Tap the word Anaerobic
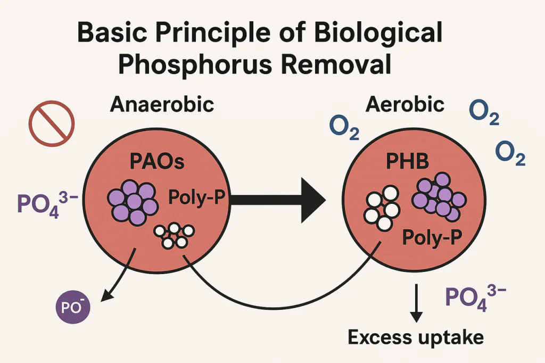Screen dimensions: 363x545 tap(162, 104)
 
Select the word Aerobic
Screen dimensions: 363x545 tap(405, 104)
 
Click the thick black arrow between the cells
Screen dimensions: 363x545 tap(277, 200)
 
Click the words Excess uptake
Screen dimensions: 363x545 tap(416, 337)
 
